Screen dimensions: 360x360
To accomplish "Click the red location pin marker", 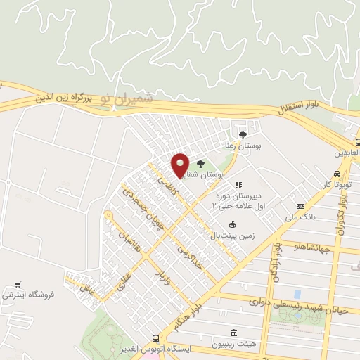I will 180,165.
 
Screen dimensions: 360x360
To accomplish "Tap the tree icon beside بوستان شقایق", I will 201,163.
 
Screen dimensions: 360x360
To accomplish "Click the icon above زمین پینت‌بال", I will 232,224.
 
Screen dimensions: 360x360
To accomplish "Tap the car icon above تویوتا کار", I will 337,174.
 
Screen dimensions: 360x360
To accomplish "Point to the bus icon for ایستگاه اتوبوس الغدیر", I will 155,338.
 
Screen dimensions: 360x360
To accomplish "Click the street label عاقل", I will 86,288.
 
